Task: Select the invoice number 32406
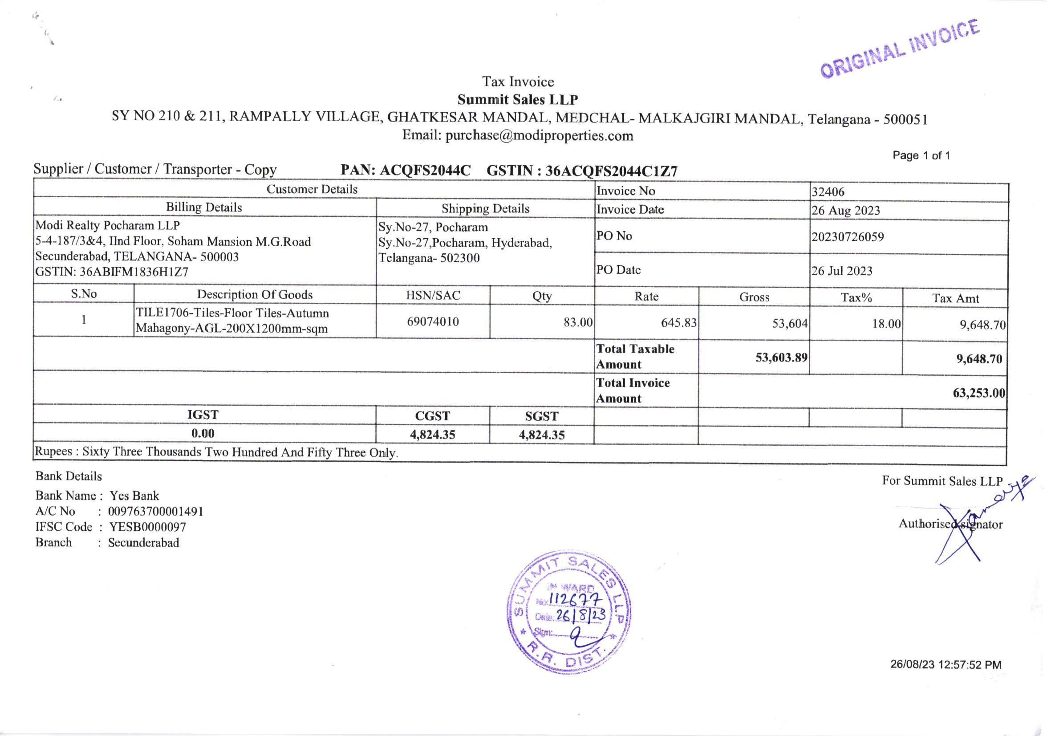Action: coord(828,192)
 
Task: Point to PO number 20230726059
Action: coord(847,237)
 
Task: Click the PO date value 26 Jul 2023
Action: coord(841,271)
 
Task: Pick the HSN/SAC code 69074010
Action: coord(433,321)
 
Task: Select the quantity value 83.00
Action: coord(578,322)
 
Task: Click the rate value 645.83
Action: coord(678,323)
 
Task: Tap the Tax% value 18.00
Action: coord(886,324)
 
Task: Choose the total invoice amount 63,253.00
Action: coord(978,393)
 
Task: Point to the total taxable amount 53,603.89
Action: coord(781,358)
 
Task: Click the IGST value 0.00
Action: coord(203,433)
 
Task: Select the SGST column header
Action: coord(541,416)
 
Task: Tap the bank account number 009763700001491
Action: coord(155,512)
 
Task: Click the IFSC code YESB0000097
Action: coord(147,527)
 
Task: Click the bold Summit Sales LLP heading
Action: coord(518,99)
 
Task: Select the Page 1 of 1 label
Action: coord(921,155)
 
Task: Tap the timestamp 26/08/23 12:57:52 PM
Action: coord(946,665)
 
